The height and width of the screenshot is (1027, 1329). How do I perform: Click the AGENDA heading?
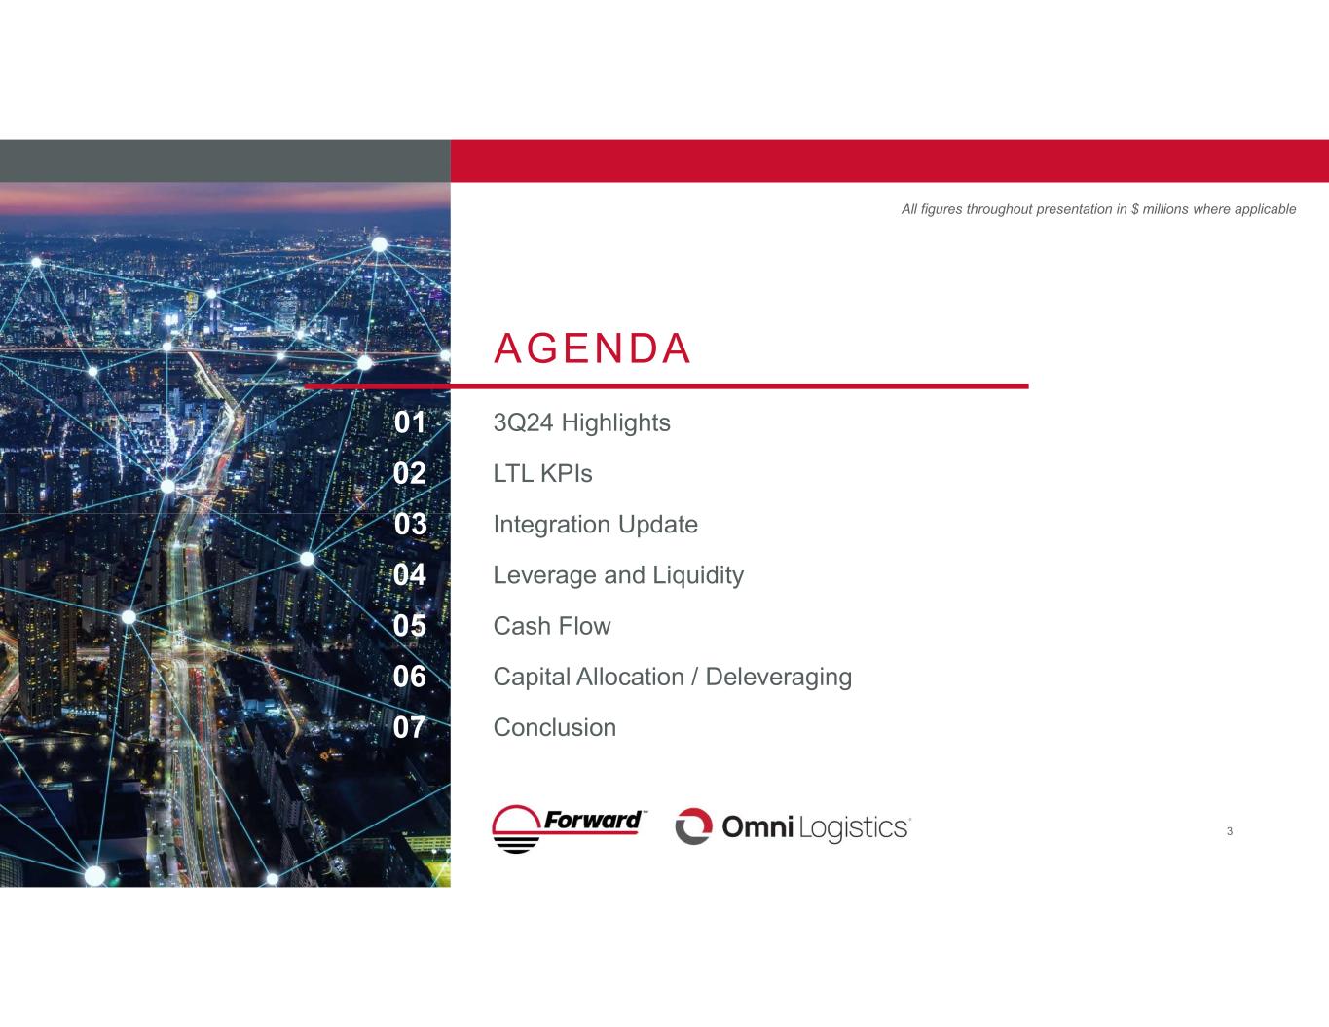click(x=592, y=348)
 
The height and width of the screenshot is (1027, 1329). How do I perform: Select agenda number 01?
click(x=410, y=422)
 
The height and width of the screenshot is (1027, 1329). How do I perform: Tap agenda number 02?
click(x=410, y=473)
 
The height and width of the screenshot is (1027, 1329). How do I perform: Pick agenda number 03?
click(x=410, y=524)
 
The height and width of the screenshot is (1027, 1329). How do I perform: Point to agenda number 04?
click(x=410, y=574)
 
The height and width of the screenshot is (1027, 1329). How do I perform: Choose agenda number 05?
click(x=410, y=625)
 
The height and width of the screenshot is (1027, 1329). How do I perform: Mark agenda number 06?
click(x=410, y=677)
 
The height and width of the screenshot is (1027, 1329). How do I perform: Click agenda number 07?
click(x=410, y=727)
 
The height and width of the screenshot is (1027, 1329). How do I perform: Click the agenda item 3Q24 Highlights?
click(x=581, y=423)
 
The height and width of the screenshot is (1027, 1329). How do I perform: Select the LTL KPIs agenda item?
click(x=542, y=474)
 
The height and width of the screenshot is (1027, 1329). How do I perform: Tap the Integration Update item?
click(x=595, y=525)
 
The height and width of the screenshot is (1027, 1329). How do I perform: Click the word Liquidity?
click(x=698, y=575)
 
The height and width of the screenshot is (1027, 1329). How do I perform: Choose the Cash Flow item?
click(x=552, y=626)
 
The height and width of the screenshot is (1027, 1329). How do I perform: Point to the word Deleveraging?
click(x=779, y=678)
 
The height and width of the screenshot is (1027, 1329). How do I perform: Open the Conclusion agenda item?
click(x=555, y=727)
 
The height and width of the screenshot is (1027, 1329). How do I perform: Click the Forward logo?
click(x=569, y=828)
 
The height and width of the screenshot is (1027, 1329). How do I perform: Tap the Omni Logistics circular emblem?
click(x=694, y=826)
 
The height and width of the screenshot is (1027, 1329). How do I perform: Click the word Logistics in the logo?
click(x=853, y=828)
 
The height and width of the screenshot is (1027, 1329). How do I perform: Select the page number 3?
click(x=1230, y=831)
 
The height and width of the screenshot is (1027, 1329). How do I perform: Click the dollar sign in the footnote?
click(x=1135, y=209)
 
